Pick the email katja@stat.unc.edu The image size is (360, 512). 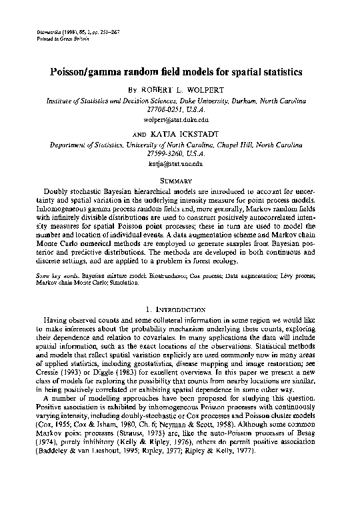[x=179, y=163]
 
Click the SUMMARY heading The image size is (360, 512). [x=179, y=180]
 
